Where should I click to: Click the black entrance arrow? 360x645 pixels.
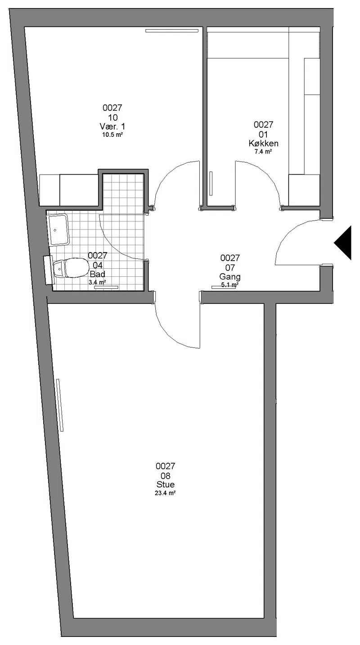pyautogui.click(x=345, y=243)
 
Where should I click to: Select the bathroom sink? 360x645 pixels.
pyautogui.click(x=58, y=230)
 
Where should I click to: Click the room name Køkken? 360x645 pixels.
pyautogui.click(x=263, y=143)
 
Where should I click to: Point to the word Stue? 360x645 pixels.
pyautogui.click(x=166, y=484)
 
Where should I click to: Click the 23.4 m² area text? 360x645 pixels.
pyautogui.click(x=166, y=493)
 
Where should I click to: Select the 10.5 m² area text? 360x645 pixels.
pyautogui.click(x=112, y=135)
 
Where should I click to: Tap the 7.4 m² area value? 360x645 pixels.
pyautogui.click(x=263, y=151)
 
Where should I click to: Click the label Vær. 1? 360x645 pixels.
pyautogui.click(x=112, y=126)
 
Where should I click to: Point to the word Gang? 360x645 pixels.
pyautogui.click(x=230, y=277)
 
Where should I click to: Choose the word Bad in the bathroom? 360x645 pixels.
pyautogui.click(x=98, y=274)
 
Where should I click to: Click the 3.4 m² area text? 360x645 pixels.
pyautogui.click(x=97, y=282)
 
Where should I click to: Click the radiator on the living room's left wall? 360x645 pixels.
pyautogui.click(x=60, y=405)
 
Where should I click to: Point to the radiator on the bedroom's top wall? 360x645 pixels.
pyautogui.click(x=172, y=31)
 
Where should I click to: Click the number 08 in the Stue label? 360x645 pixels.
pyautogui.click(x=166, y=475)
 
